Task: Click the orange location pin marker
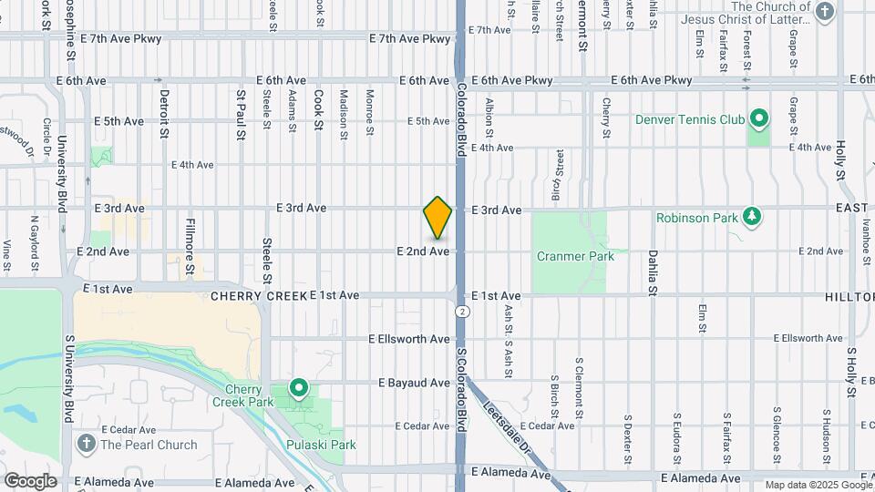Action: [x=438, y=217]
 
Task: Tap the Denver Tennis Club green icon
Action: [x=758, y=118]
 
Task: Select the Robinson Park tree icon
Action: [x=752, y=217]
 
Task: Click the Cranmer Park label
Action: [x=575, y=256]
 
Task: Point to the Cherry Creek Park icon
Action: [x=298, y=389]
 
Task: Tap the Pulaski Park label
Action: [x=319, y=445]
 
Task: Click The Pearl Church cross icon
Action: [x=87, y=445]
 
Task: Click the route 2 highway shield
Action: [x=464, y=312]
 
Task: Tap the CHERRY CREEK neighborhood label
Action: [x=258, y=296]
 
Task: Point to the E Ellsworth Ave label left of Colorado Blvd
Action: [x=409, y=338]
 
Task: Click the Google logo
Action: [x=30, y=480]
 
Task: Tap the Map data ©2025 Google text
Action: [x=818, y=485]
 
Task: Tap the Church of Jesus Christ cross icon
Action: [x=825, y=12]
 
